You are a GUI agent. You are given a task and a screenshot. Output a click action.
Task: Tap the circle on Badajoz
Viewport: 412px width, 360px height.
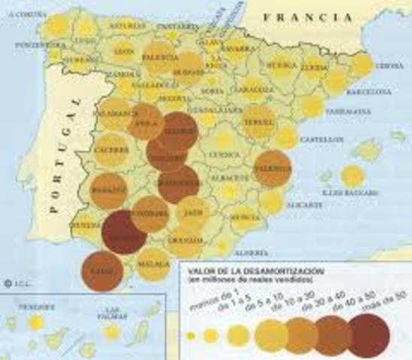110,190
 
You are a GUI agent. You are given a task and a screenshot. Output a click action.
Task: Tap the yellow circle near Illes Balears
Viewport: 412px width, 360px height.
353,176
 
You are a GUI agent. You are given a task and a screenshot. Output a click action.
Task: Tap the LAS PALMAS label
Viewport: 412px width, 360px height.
113,308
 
